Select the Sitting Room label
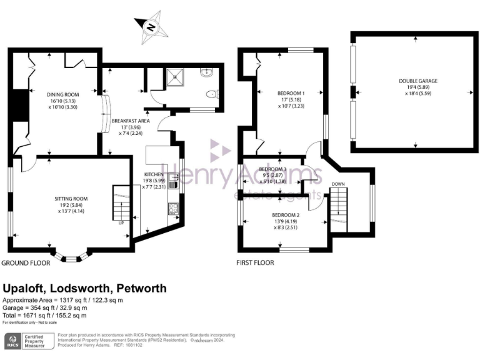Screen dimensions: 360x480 [x=71, y=198]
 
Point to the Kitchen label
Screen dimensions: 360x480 [x=153, y=174]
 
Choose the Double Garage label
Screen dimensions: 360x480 [x=418, y=81]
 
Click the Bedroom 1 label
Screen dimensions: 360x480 [x=289, y=94]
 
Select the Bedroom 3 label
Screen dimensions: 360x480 [x=272, y=169]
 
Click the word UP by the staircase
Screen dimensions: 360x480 [x=120, y=222]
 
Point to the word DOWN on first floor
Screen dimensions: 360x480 [x=338, y=184]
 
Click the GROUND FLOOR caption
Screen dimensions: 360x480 [x=26, y=263]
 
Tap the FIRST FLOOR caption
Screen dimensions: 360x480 [x=255, y=263]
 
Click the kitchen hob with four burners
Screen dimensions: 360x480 [x=173, y=208]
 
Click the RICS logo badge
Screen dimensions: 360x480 [x=12, y=340]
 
